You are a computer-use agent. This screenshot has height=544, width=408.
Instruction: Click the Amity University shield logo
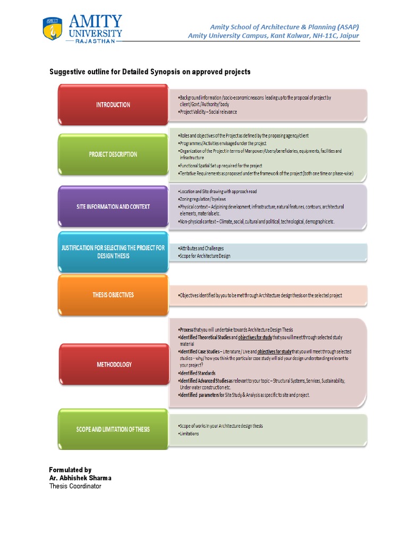click(52, 28)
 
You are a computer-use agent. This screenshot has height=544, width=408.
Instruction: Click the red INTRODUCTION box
click(113, 105)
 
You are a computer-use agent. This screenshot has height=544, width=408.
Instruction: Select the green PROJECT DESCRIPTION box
click(113, 155)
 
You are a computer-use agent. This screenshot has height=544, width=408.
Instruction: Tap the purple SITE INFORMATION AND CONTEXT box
click(113, 207)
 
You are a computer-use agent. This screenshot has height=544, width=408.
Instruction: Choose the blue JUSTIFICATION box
click(113, 252)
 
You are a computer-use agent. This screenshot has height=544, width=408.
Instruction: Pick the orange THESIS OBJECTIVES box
click(113, 295)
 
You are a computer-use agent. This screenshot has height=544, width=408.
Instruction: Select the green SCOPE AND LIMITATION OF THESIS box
click(113, 429)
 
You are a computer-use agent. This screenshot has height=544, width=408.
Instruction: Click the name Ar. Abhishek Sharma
click(80, 478)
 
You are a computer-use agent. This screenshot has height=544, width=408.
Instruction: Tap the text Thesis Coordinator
click(75, 486)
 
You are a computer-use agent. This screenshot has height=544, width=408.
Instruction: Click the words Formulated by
click(70, 470)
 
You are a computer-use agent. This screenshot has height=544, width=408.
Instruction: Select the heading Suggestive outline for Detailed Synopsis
click(150, 72)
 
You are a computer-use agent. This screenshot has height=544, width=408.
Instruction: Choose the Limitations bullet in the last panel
click(189, 433)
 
